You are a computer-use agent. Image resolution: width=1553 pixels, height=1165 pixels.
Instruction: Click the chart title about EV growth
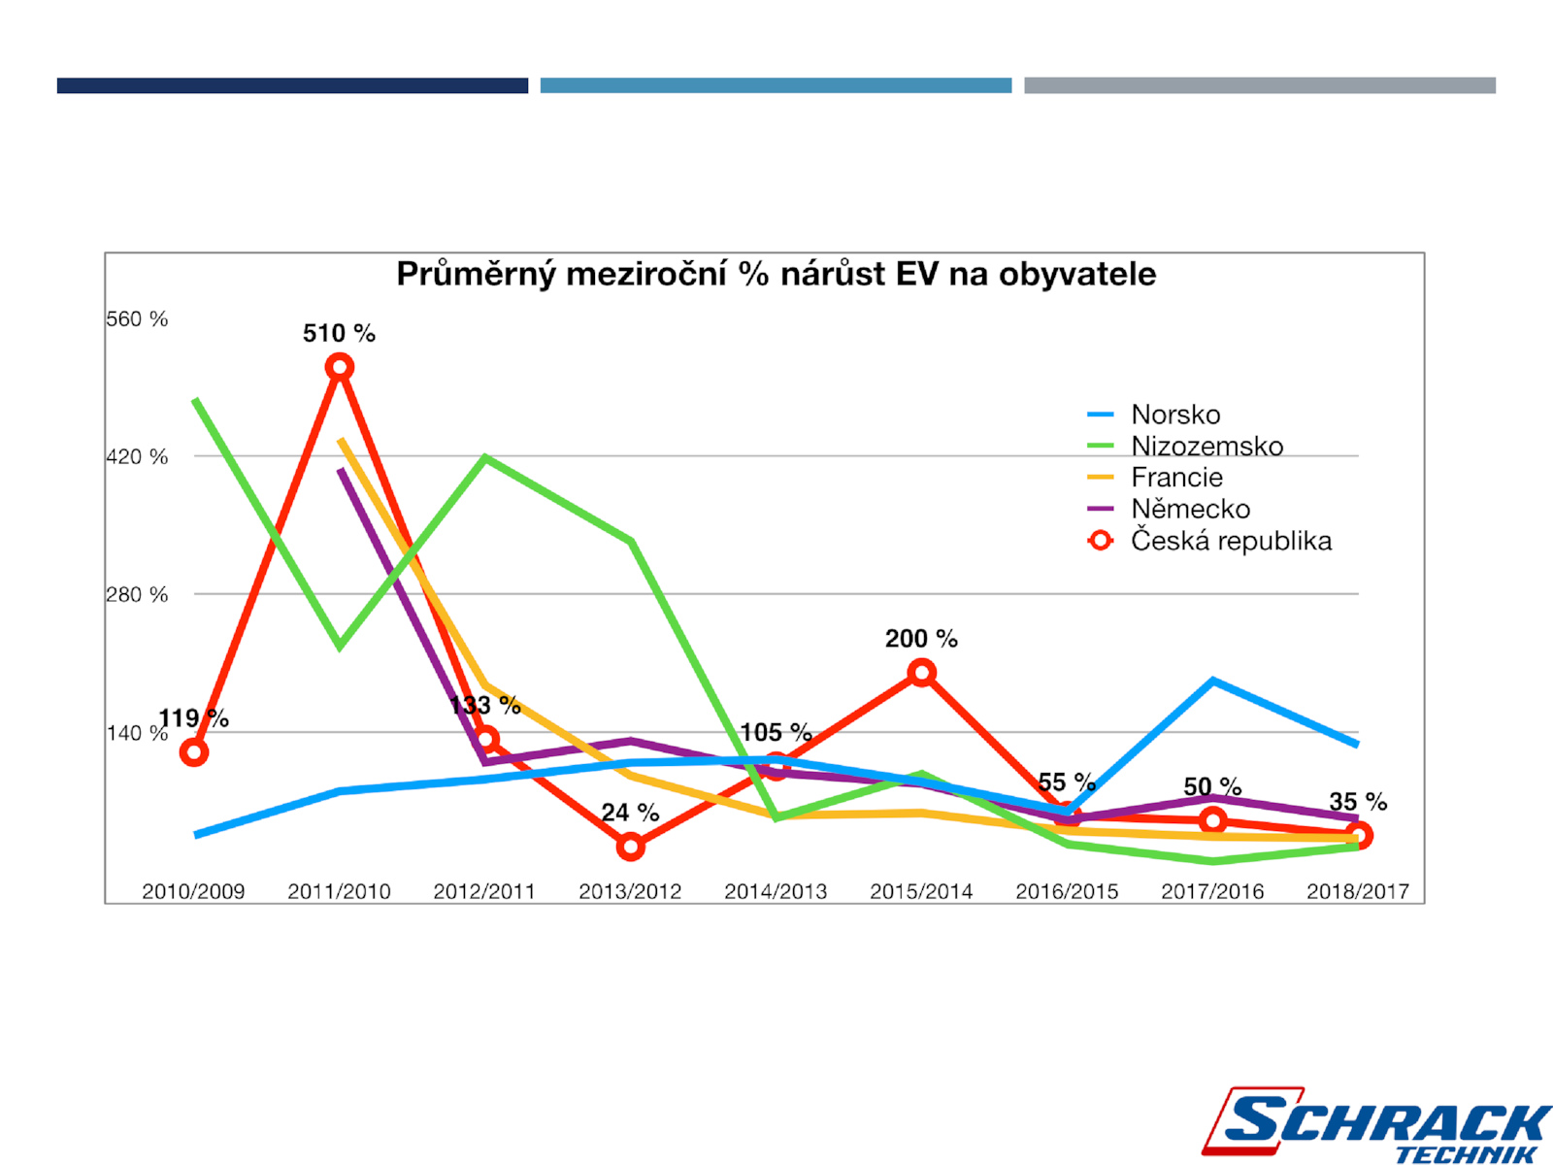(776, 274)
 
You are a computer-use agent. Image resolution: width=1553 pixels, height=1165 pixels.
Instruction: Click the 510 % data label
(339, 333)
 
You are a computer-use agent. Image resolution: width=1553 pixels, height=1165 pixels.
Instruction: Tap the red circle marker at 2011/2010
(339, 367)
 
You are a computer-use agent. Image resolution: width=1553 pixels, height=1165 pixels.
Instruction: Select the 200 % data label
(921, 639)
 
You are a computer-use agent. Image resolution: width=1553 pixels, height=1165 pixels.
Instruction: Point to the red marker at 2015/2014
(921, 672)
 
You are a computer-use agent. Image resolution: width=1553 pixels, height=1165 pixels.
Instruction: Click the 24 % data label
(630, 813)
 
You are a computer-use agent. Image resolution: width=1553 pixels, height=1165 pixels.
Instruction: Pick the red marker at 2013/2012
(630, 847)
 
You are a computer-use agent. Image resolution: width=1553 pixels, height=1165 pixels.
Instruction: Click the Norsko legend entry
(1175, 415)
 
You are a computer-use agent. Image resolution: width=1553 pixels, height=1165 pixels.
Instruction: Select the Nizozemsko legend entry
(1206, 446)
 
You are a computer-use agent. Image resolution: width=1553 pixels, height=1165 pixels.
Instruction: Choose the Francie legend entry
(1176, 478)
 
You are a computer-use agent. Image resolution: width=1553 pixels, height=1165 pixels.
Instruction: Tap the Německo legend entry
(1190, 509)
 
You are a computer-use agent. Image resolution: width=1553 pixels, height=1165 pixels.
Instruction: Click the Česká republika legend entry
(1231, 541)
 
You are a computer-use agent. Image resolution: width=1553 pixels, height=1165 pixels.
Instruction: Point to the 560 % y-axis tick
(137, 319)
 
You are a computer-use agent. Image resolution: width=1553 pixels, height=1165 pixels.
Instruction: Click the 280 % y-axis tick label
(137, 594)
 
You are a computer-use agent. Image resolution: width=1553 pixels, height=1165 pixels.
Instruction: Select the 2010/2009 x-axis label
(193, 891)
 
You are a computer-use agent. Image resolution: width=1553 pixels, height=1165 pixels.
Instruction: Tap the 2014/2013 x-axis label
(776, 891)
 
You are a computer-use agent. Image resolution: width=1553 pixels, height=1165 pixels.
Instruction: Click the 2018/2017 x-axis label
(1357, 891)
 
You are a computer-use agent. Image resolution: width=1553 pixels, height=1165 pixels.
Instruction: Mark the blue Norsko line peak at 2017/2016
(1212, 681)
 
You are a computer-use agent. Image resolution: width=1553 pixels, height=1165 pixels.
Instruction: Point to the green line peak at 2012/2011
(484, 456)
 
